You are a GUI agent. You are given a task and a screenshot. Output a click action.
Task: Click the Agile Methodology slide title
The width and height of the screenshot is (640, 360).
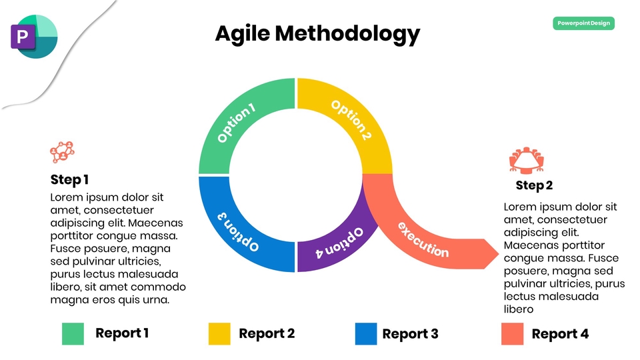click(317, 34)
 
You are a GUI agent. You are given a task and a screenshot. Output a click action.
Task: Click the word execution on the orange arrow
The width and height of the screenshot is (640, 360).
click(423, 239)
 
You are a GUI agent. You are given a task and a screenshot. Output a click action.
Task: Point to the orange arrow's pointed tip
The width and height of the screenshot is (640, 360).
click(499, 254)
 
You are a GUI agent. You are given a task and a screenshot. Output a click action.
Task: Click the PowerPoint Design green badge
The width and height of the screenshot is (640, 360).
click(584, 23)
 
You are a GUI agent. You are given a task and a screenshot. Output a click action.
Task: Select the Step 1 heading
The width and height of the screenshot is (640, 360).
click(69, 179)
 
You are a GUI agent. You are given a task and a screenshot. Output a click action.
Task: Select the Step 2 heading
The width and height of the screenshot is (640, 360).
click(534, 185)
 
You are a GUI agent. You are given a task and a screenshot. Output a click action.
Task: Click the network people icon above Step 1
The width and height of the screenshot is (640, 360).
click(63, 152)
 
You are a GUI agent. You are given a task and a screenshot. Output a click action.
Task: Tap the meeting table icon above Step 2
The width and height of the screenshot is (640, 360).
click(527, 159)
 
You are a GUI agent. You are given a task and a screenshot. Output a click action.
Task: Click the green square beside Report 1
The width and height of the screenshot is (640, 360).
click(73, 334)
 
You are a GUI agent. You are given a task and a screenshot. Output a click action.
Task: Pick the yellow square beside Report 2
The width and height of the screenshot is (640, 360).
click(219, 334)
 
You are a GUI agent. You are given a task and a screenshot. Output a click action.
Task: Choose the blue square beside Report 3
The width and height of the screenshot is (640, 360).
click(366, 334)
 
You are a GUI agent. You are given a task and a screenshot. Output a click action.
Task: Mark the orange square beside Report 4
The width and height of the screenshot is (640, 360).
click(513, 334)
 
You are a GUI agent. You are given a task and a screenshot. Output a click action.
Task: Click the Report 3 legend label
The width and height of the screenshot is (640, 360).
click(410, 334)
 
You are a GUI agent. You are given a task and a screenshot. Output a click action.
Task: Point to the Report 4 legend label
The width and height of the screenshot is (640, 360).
click(560, 334)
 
